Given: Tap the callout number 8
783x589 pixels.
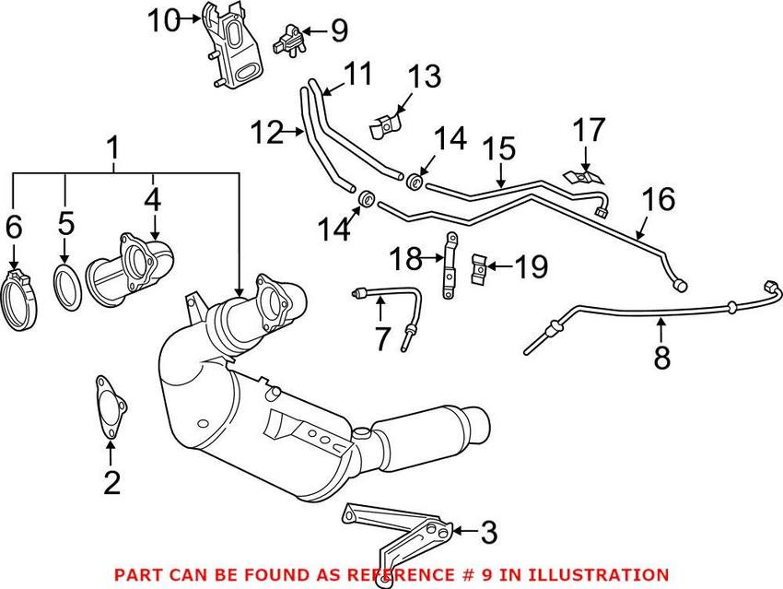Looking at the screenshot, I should click(x=662, y=357).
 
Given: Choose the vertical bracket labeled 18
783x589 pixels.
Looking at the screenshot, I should click(x=450, y=266).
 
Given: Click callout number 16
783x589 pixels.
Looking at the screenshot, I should click(x=660, y=200).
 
